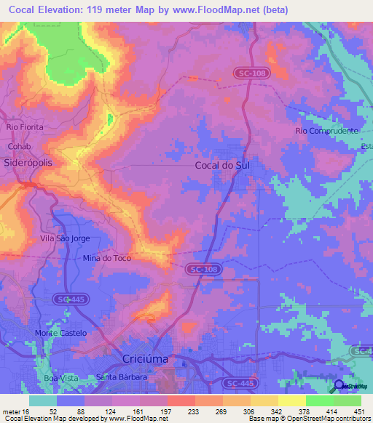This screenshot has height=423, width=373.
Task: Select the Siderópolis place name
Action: (28, 164)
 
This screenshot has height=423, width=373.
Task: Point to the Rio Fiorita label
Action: (25, 126)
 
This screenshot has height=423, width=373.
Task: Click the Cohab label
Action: (18, 145)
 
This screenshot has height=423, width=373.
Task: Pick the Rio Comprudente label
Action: (327, 131)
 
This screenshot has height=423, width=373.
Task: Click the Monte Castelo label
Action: (60, 333)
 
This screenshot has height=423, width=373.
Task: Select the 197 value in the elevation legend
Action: (154, 411)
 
